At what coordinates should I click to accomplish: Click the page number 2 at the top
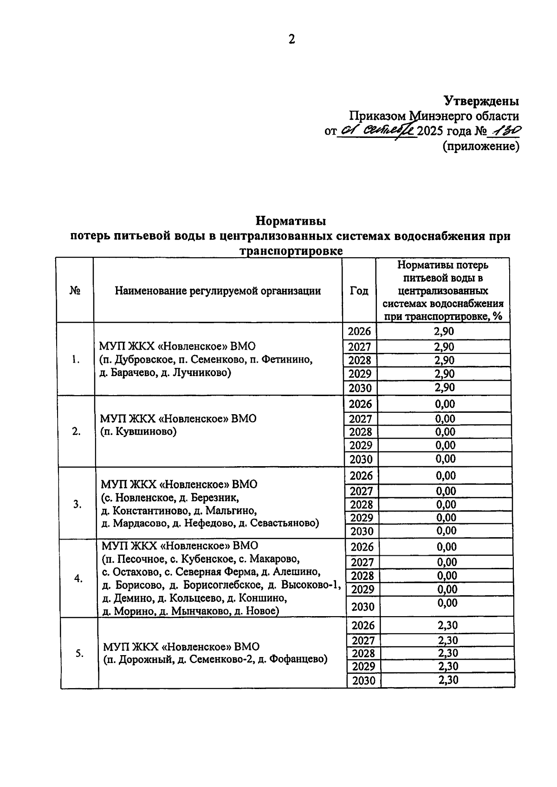291,39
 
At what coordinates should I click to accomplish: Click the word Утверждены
481,101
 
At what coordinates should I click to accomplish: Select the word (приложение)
481,146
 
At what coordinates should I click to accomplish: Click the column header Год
359,291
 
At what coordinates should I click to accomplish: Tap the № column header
75,291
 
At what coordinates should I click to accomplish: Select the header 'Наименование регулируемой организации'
218,291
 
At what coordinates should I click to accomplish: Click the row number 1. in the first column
76,359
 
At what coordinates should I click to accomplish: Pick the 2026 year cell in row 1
359,331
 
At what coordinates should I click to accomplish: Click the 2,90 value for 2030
444,388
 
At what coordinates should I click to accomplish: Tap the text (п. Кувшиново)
139,432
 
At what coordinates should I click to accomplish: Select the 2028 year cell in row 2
361,432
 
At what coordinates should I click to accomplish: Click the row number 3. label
78,504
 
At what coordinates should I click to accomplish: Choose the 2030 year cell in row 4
363,607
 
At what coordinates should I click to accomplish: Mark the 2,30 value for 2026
447,625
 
